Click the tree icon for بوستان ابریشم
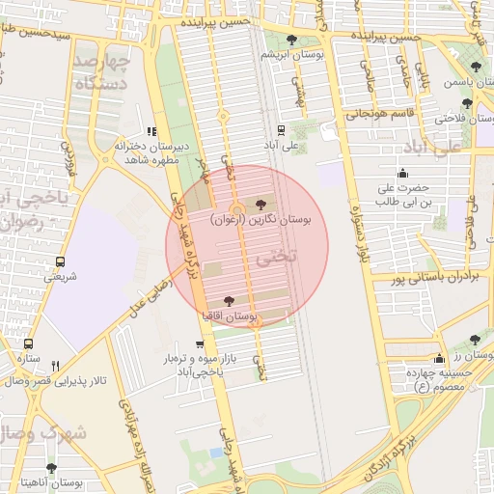pos(293,40)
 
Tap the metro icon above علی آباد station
pos(281,129)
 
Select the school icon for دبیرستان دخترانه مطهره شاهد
pos(151,132)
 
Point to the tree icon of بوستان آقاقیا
pos(229,302)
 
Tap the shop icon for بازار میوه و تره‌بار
pos(200,344)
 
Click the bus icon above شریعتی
pos(61,261)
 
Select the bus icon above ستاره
pos(28,343)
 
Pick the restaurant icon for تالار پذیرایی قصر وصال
pos(55,366)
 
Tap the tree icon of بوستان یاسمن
pos(476,67)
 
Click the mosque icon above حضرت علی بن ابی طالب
pos(402,173)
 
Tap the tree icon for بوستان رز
pos(474,340)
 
